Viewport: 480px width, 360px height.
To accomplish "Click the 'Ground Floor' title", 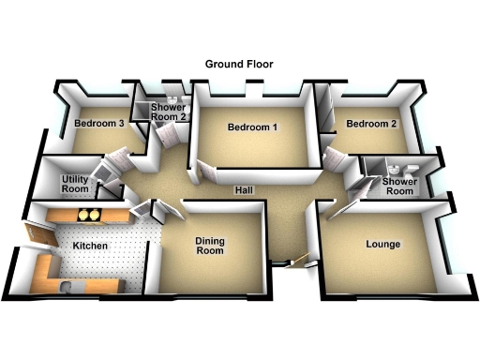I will click(x=239, y=64).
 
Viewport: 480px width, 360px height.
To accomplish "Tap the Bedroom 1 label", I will click(x=251, y=127).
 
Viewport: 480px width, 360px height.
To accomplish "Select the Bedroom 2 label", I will click(x=372, y=124).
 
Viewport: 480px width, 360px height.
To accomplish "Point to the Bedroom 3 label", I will click(x=98, y=124).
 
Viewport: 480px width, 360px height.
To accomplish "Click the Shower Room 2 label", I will click(x=170, y=112).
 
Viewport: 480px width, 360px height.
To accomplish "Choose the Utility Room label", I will click(x=75, y=184).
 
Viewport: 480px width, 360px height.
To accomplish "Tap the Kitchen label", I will click(x=90, y=246).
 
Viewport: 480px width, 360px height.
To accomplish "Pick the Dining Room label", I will click(x=209, y=246).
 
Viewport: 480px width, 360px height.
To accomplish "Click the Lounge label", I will click(x=382, y=244).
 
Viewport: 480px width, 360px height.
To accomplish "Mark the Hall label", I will click(x=244, y=190).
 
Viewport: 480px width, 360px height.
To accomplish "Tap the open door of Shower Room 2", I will click(x=167, y=137).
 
